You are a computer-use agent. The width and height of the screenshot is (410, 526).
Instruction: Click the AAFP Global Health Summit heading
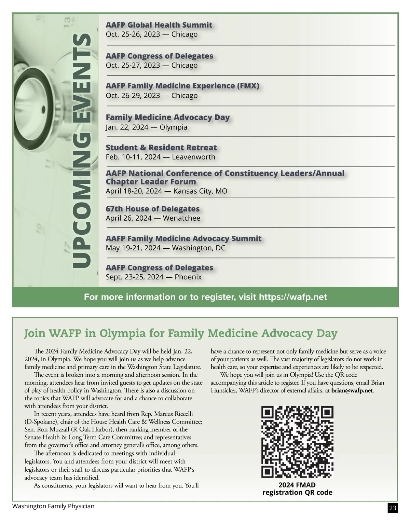coord(159,25)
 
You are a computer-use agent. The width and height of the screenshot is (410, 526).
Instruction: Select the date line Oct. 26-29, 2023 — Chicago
coord(152,96)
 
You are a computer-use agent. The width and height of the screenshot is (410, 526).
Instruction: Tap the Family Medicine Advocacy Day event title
coord(167,117)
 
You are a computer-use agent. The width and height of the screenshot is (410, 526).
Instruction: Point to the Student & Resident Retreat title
coord(161,148)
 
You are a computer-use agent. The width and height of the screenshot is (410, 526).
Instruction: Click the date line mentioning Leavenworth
coord(161,157)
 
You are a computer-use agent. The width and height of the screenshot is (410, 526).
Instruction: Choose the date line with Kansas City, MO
coord(166,191)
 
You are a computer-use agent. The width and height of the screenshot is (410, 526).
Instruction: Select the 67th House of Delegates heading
coord(152,209)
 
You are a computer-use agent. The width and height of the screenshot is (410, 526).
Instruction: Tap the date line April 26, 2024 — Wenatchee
coord(153,218)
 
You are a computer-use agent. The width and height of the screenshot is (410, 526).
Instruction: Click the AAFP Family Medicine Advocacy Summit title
coord(183,238)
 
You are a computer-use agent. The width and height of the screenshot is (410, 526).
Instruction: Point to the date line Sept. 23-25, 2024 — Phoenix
coord(154,277)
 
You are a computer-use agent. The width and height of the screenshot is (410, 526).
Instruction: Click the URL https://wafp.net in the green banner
coord(293,297)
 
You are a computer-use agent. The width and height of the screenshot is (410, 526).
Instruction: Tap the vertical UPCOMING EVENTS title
coord(82,150)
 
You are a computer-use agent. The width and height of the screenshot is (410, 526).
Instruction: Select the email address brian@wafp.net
coord(352,390)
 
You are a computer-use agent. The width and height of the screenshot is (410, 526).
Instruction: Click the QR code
coord(297,442)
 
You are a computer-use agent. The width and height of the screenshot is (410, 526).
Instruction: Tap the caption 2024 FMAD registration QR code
coord(297,489)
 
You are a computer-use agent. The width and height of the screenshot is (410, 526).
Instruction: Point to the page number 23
coord(393,508)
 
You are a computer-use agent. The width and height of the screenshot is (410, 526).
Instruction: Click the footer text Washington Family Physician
coord(53,506)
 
